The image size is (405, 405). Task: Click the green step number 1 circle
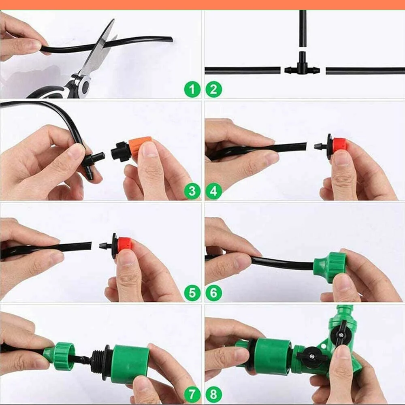(192, 89)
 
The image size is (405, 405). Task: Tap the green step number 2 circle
(213, 89)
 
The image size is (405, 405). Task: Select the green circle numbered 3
(192, 191)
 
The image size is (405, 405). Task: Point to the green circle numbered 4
(213, 191)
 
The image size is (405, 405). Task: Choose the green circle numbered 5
(192, 292)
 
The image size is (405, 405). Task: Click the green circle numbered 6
(213, 292)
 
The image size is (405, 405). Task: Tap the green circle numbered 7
(192, 394)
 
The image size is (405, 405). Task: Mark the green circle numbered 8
(213, 394)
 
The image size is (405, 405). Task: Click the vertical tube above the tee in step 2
(303, 28)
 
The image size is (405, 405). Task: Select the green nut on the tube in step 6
(330, 266)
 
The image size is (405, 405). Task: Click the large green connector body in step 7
(130, 363)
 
